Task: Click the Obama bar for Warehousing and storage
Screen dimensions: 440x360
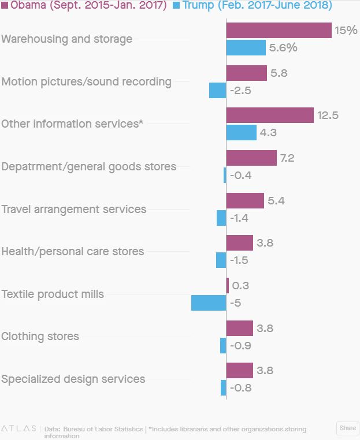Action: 279,31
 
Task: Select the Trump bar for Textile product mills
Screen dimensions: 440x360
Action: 209,303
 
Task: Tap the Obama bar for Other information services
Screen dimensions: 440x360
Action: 270,115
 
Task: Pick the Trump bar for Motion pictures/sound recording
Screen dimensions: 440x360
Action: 218,91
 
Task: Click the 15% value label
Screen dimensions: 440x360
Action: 346,31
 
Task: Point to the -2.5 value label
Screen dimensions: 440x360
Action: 240,91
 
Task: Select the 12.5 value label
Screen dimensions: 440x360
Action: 328,115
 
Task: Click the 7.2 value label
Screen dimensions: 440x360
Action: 287,158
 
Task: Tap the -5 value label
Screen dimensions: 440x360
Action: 235,303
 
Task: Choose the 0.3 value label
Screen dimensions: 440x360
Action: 240,286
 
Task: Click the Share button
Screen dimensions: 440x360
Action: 347,428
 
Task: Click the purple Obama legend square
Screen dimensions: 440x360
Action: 5,6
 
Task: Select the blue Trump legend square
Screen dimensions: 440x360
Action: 177,6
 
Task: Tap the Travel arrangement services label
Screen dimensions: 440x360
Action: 74,209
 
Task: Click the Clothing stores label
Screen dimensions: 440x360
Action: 40,336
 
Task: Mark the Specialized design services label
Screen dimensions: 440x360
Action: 73,379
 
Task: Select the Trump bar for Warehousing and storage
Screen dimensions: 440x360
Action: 246,48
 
